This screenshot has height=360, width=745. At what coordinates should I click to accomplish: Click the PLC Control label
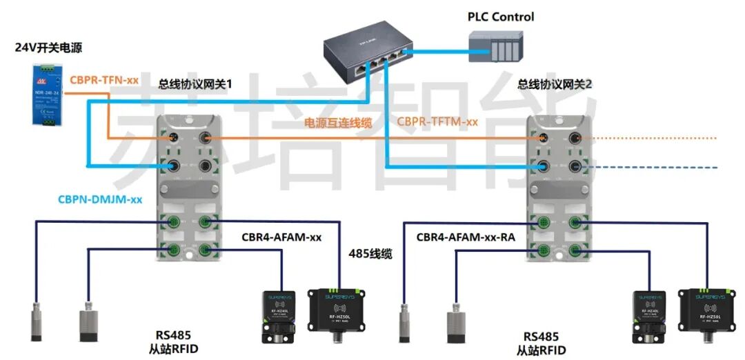[x=500, y=17]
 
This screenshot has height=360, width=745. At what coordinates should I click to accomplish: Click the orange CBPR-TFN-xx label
[x=104, y=81]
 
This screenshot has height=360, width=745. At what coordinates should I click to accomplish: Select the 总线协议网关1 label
[x=195, y=83]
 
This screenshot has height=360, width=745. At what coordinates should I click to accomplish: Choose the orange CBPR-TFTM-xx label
[x=437, y=121]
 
